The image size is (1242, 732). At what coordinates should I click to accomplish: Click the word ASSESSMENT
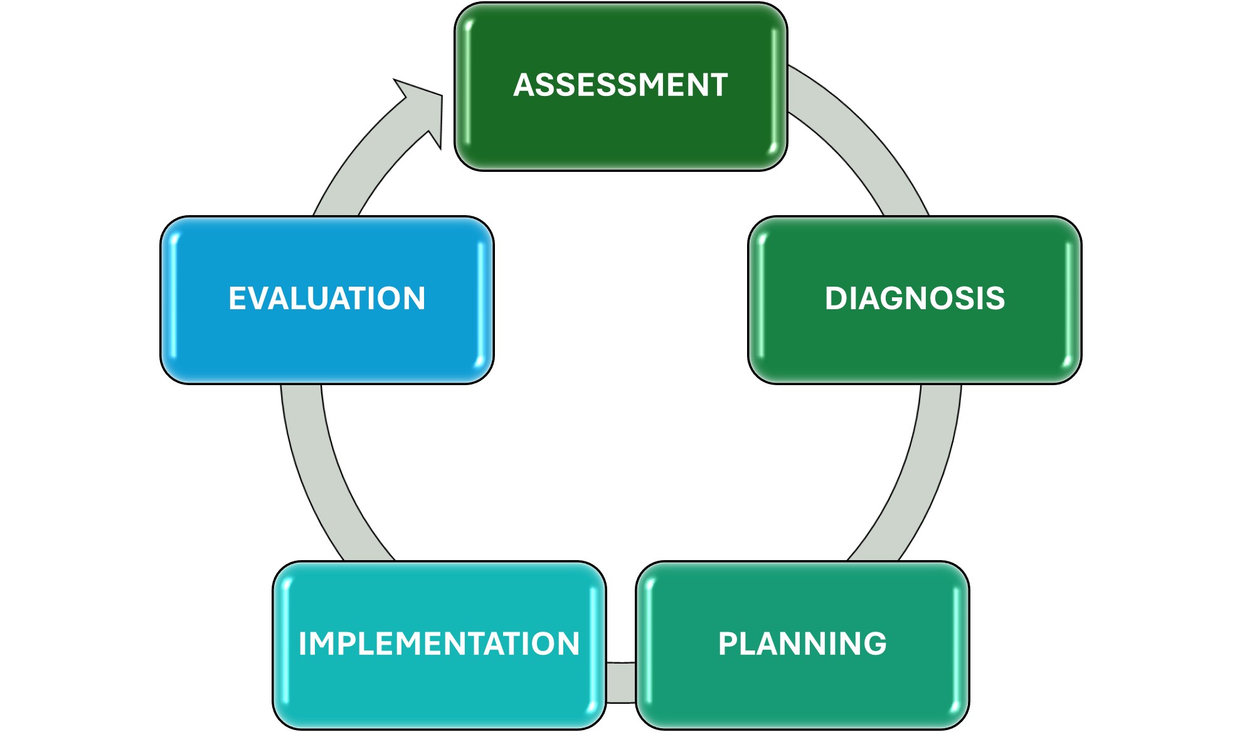(620, 85)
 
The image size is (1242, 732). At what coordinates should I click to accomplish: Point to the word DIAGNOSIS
(915, 299)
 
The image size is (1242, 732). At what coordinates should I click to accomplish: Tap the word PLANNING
(802, 644)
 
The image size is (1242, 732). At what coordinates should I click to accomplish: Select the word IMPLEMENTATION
(439, 644)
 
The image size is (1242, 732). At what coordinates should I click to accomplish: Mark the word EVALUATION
(327, 299)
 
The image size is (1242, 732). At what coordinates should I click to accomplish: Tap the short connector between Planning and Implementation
(621, 682)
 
